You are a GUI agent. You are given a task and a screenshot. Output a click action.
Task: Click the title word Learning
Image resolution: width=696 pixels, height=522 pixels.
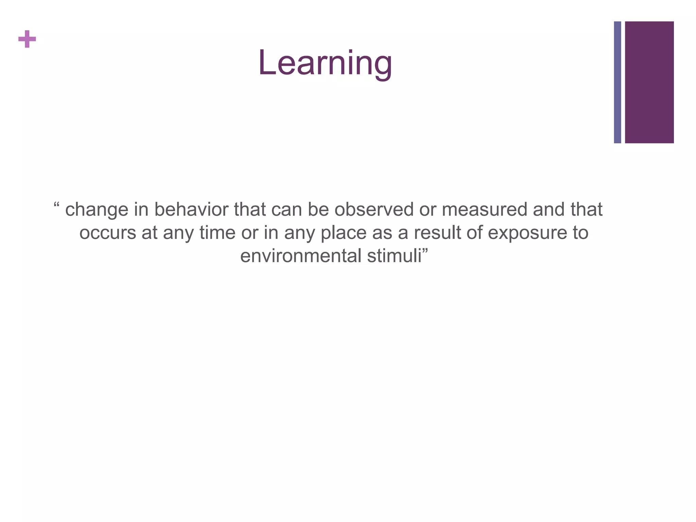(325, 63)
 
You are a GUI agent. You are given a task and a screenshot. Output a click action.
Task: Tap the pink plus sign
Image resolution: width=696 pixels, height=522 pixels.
(27, 39)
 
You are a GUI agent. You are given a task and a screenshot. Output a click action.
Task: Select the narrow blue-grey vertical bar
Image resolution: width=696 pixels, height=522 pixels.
(617, 82)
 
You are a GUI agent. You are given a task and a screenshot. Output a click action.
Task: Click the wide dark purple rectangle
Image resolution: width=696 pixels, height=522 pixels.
(649, 82)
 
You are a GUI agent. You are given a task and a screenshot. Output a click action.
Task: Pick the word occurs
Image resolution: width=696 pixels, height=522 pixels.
(108, 233)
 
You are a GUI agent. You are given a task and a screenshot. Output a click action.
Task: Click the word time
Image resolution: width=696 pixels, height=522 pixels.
(217, 233)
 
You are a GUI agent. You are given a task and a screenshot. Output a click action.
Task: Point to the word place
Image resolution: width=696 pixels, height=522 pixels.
(344, 233)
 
